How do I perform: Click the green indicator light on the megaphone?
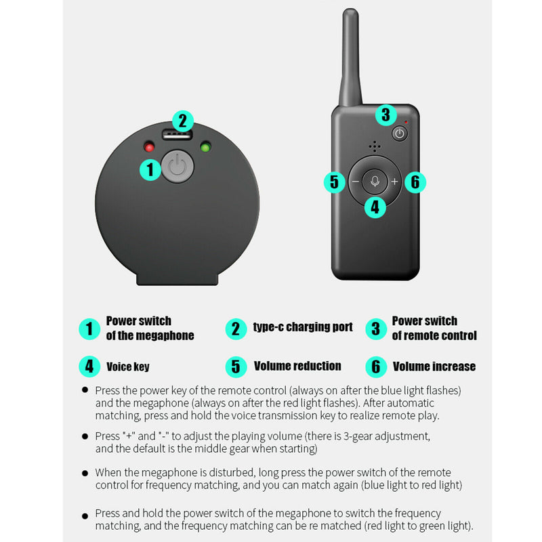pyautogui.click(x=204, y=146)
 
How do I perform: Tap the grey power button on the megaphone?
pyautogui.click(x=177, y=166)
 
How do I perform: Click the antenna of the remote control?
pyautogui.click(x=350, y=58)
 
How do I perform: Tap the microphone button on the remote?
pyautogui.click(x=375, y=181)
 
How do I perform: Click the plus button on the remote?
pyautogui.click(x=394, y=182)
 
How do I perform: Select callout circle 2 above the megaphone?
pyautogui.click(x=182, y=121)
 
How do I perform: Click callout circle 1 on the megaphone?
pyautogui.click(x=150, y=169)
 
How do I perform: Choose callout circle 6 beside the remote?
pyautogui.click(x=415, y=182)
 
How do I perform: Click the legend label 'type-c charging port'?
pyautogui.click(x=303, y=327)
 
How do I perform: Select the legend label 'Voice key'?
pyautogui.click(x=128, y=367)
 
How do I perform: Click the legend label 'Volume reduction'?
pyautogui.click(x=297, y=366)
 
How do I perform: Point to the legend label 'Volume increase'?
pyautogui.click(x=434, y=367)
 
